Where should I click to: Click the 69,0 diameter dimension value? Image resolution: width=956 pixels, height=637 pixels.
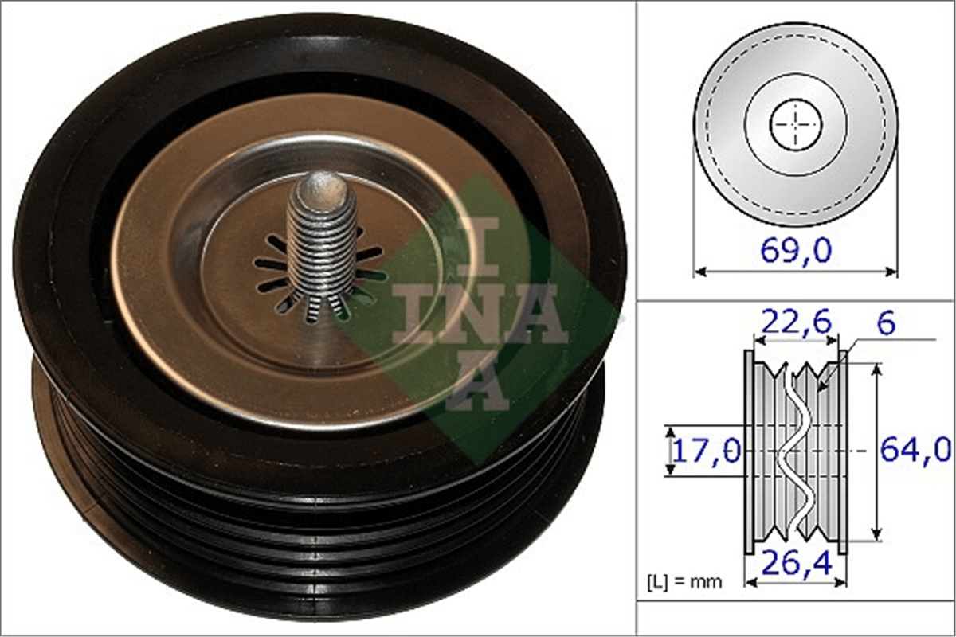click(x=796, y=251)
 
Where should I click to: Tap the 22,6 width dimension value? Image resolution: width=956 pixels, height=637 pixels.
click(x=797, y=322)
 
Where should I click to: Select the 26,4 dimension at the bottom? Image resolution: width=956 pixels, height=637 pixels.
click(x=797, y=563)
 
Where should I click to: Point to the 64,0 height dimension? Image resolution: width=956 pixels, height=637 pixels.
click(x=916, y=450)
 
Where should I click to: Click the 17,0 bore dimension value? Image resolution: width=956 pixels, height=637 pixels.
click(x=707, y=451)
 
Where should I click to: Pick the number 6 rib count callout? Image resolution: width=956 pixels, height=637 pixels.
click(x=886, y=324)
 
